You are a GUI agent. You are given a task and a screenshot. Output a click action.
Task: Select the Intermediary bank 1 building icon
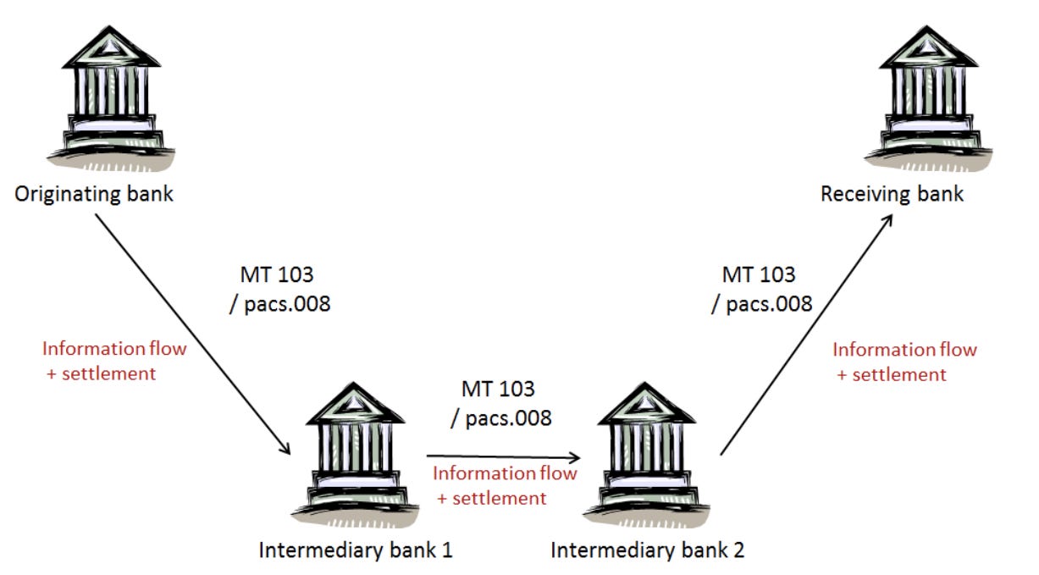coord(355,453)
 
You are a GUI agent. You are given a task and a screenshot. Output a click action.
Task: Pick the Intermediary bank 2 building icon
coord(649,453)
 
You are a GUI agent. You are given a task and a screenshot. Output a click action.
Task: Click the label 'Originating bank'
coord(94,194)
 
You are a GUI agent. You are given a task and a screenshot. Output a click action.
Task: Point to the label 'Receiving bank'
coord(892,194)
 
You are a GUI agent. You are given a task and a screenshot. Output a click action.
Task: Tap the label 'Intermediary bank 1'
coord(355,550)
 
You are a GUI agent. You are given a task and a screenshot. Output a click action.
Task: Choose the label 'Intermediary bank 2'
coord(648,550)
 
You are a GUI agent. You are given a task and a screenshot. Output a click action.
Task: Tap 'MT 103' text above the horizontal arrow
coord(498,389)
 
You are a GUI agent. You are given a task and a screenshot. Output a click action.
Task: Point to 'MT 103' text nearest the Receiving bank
coord(758,274)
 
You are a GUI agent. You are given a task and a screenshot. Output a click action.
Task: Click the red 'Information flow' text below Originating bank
coord(114,348)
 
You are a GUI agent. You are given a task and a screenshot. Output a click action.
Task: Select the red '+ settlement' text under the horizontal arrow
coord(491,498)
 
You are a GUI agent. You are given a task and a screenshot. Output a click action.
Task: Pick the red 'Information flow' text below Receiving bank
coord(904,349)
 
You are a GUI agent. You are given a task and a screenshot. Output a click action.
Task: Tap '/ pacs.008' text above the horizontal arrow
coord(498,417)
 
